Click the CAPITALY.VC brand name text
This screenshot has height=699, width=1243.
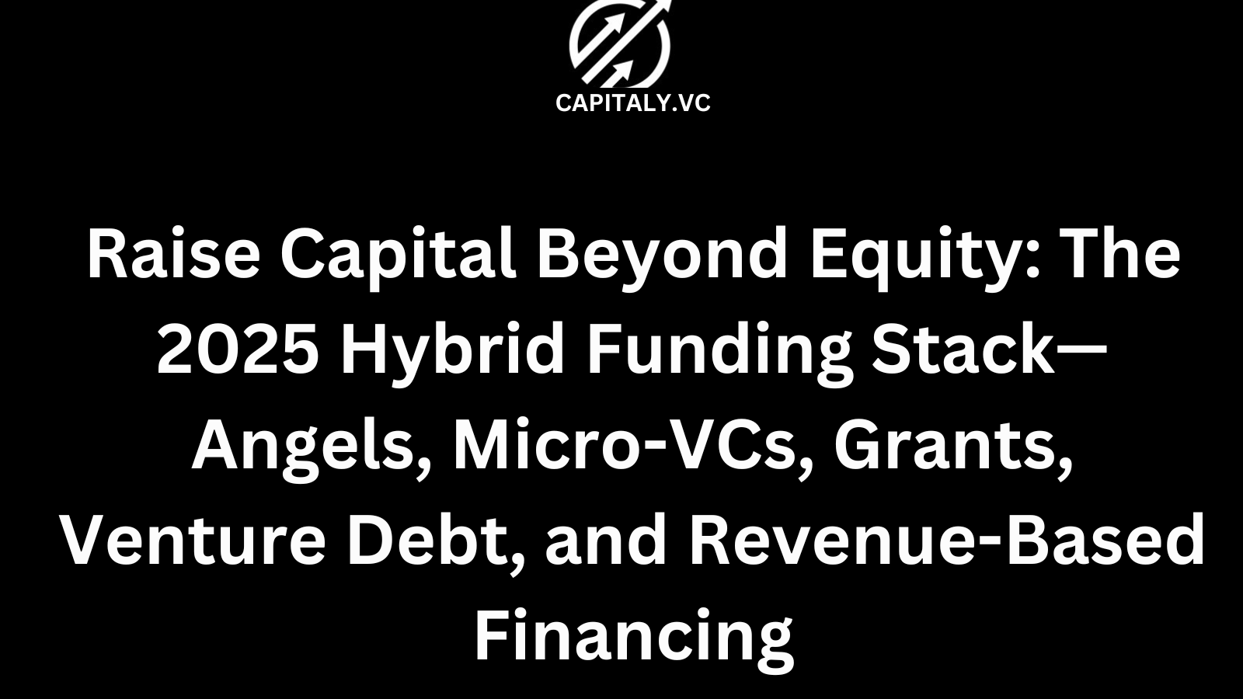pos(633,103)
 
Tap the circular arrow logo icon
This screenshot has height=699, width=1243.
pos(620,43)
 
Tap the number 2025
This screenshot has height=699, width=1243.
pos(237,350)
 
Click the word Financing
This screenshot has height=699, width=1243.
pos(633,638)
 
